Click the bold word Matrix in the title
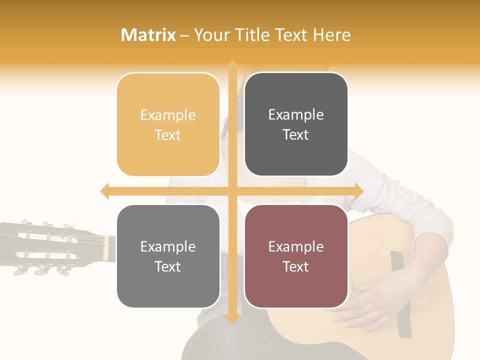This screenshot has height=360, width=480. pyautogui.click(x=148, y=35)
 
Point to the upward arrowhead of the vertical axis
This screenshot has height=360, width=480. pyautogui.click(x=232, y=64)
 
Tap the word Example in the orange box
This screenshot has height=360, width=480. pyautogui.click(x=168, y=115)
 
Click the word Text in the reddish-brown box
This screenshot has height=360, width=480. pyautogui.click(x=296, y=267)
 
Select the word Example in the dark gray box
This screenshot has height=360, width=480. pyautogui.click(x=296, y=115)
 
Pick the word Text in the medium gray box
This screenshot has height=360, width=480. pyautogui.click(x=168, y=267)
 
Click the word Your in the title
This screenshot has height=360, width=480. pyautogui.click(x=210, y=35)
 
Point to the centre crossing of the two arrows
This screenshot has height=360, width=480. pyautogui.click(x=232, y=191)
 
